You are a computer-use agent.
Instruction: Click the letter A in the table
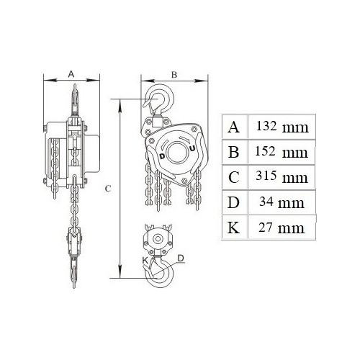233,127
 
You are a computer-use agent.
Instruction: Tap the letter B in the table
233,152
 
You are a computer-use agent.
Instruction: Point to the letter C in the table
233,177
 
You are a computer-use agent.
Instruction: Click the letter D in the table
233,202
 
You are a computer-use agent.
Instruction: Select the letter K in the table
233,228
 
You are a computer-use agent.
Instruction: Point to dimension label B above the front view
174,74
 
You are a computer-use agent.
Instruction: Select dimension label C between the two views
107,189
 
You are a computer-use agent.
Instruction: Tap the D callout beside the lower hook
181,257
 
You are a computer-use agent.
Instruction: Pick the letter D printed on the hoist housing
163,156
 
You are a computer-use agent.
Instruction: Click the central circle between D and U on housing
178,151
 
